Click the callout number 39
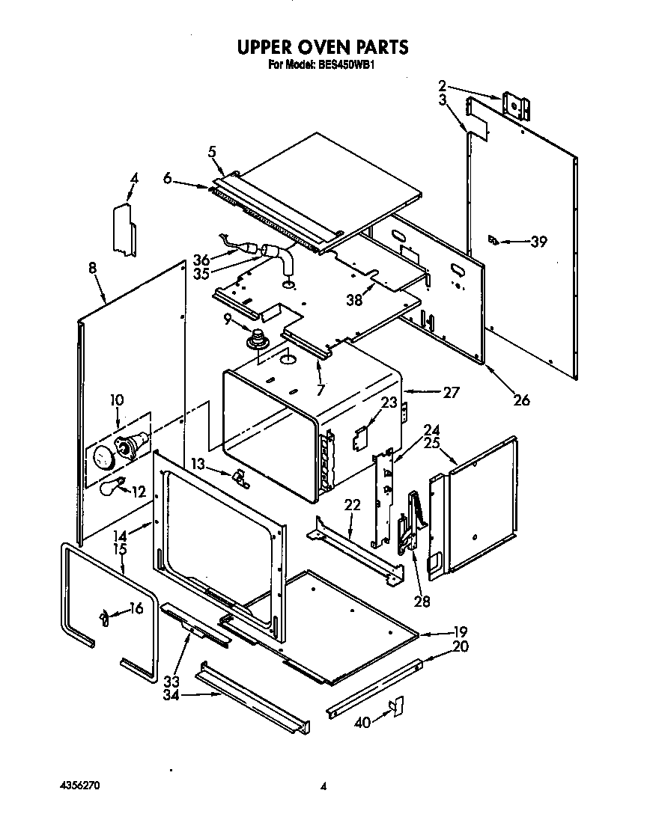pos(538,242)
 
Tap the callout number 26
pos(521,400)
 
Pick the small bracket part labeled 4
pos(124,228)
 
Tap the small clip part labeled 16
pos(105,618)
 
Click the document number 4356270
pos(78,786)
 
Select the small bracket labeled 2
pos(517,105)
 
